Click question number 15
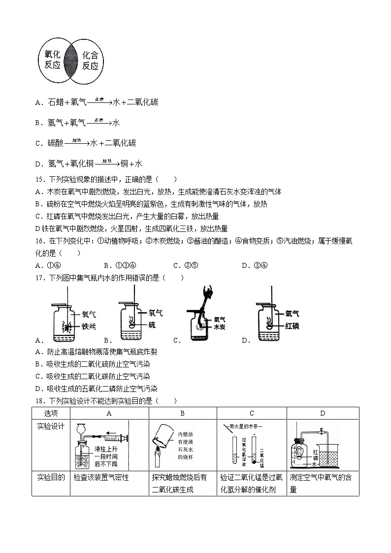40,180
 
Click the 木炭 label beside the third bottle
219,326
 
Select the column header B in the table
182,413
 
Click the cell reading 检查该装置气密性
101,477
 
